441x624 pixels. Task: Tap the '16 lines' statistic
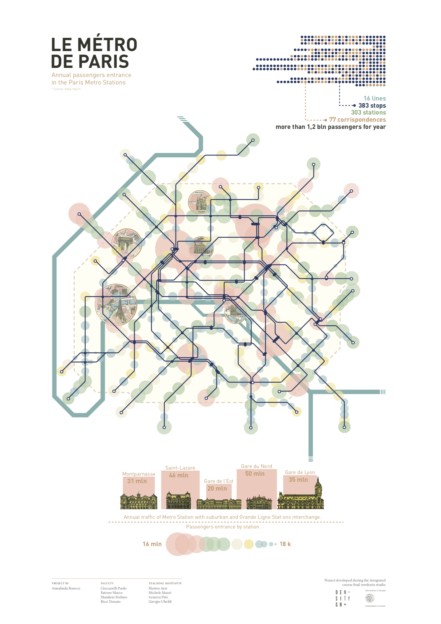tap(374, 98)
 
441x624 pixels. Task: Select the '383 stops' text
tap(372, 105)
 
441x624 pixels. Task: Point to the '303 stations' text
tap(368, 112)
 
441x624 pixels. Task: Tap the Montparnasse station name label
tap(139, 474)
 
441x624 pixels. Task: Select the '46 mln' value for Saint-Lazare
tap(179, 475)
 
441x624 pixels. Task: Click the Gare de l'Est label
tap(219, 481)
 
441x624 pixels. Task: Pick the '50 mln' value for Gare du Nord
tap(255, 474)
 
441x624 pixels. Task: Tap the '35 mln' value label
tap(298, 480)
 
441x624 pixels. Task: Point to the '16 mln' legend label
tap(152, 544)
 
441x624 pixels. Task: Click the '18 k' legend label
tap(285, 544)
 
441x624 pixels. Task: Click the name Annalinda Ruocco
tap(66, 588)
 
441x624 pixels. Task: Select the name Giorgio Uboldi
tap(160, 601)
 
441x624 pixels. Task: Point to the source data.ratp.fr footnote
tap(66, 89)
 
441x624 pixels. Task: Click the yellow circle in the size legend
tap(249, 544)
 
